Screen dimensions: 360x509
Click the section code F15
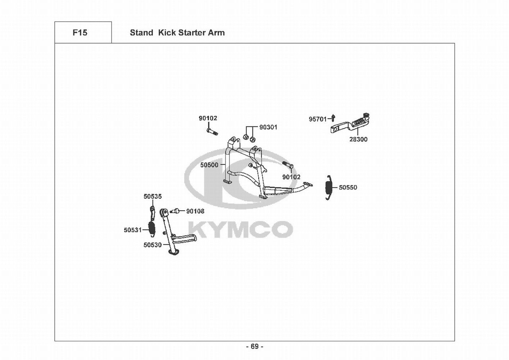pyautogui.click(x=80, y=33)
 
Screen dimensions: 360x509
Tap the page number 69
pyautogui.click(x=254, y=347)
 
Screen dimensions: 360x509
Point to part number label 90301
pyautogui.click(x=268, y=127)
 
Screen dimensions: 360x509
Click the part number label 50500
pyautogui.click(x=209, y=165)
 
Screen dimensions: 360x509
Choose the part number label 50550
pyautogui.click(x=348, y=188)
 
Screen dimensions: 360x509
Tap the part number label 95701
pyautogui.click(x=318, y=119)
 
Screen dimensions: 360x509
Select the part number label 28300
pyautogui.click(x=358, y=139)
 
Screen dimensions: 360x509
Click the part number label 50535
pyautogui.click(x=153, y=197)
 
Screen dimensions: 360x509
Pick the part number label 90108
pyautogui.click(x=195, y=211)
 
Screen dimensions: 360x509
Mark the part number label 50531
pyautogui.click(x=133, y=230)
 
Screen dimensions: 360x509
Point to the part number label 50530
pyautogui.click(x=153, y=245)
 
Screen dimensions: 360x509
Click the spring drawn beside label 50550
pyautogui.click(x=328, y=187)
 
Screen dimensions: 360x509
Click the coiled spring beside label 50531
pyautogui.click(x=152, y=228)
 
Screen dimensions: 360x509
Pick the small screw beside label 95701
pyautogui.click(x=333, y=117)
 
